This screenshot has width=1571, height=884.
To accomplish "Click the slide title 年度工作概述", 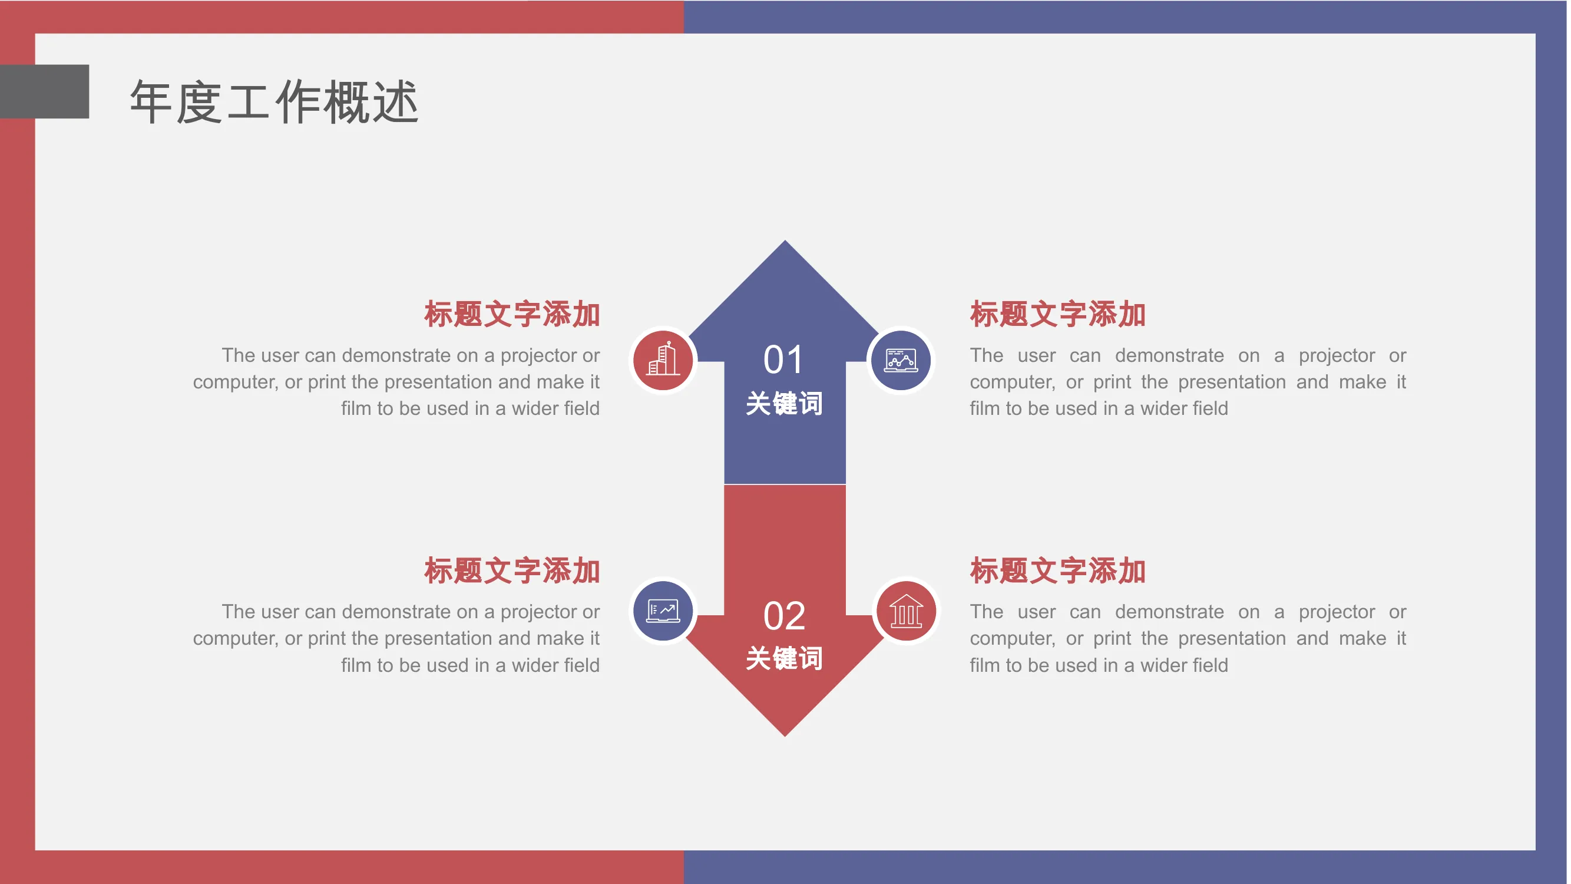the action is click(x=274, y=102).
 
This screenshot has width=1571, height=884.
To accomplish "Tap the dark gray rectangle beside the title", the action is click(x=45, y=91).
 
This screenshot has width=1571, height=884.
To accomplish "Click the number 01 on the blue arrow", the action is click(x=783, y=359).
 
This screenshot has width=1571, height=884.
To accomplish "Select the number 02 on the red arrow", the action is click(x=784, y=616).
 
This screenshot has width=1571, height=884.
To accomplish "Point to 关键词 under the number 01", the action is click(x=784, y=403).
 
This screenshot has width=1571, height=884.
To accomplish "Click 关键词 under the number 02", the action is click(x=784, y=658).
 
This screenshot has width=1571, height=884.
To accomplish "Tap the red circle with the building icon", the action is click(x=663, y=360).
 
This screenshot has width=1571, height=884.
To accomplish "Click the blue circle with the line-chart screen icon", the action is click(x=901, y=360).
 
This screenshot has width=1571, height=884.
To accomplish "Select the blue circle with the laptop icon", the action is click(x=663, y=611).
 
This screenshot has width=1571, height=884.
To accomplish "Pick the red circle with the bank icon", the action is click(x=906, y=611).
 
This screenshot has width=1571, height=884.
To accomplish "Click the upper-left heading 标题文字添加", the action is click(x=512, y=314).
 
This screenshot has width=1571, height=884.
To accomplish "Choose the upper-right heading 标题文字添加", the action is click(x=1058, y=314).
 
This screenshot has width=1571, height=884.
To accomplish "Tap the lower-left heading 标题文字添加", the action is click(x=512, y=570).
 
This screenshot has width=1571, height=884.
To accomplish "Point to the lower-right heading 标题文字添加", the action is click(x=1058, y=570).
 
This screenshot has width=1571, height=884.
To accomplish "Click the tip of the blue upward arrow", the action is click(x=785, y=241).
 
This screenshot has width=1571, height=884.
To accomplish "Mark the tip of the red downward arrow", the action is click(x=785, y=735).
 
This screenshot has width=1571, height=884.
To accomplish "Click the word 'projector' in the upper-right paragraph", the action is click(x=1337, y=357).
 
